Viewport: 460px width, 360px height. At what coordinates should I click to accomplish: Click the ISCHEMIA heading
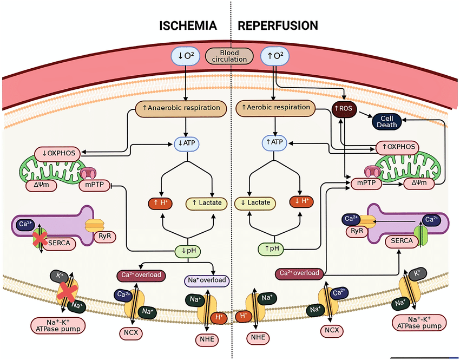pos(188,25)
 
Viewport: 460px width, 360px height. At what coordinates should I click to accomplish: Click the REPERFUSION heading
pos(278,25)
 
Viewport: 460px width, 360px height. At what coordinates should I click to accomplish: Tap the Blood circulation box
pos(229,56)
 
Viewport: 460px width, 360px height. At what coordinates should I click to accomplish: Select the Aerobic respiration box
pos(275,107)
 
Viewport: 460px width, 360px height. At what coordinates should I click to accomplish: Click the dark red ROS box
pos(343,109)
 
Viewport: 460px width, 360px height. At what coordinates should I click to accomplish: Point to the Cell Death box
pos(389,121)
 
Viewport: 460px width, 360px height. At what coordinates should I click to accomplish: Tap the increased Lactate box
pos(207,204)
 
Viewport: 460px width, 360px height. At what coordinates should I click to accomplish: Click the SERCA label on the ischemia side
pos(63,243)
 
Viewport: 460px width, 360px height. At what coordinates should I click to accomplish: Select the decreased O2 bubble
pos(186,56)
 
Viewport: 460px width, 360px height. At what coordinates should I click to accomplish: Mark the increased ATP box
pos(274,142)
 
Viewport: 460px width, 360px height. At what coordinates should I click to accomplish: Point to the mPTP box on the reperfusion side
pos(365,184)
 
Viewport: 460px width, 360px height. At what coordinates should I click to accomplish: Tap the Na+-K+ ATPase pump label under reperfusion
pos(419,322)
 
